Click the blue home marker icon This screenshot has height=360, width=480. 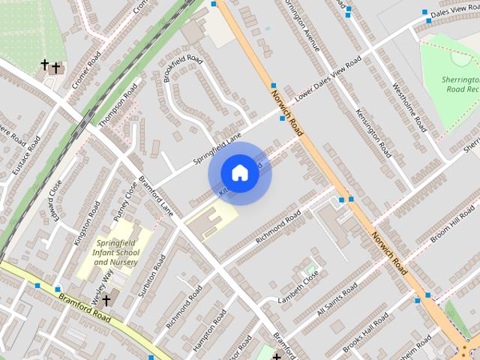coord(239,173)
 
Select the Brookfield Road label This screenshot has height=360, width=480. coord(183,68)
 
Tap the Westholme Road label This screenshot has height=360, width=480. coord(409,107)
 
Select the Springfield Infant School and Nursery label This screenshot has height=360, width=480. coord(115,252)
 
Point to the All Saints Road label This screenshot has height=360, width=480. coord(337,301)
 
